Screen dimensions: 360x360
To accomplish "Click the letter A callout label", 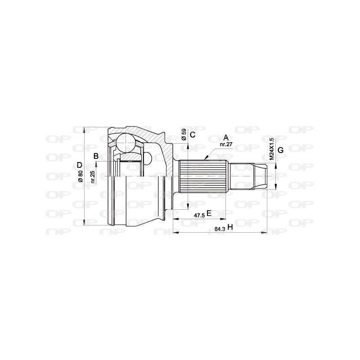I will tap(226, 137).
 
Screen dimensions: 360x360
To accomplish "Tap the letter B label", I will tap(96, 156).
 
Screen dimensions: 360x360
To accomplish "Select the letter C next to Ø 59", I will tap(192, 135).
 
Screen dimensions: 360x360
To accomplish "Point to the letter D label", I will tap(79, 165).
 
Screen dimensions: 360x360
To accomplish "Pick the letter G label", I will tap(280, 150).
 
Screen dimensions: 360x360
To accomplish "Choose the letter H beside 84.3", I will tap(230, 228).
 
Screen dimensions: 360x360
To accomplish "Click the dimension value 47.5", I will tap(199, 215).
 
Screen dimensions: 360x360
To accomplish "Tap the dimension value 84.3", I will tap(220, 229).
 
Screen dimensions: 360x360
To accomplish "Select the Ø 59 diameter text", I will tap(184, 135).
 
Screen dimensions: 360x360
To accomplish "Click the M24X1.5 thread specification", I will tap(271, 148).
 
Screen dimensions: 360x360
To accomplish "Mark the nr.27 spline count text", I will tap(225, 144).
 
